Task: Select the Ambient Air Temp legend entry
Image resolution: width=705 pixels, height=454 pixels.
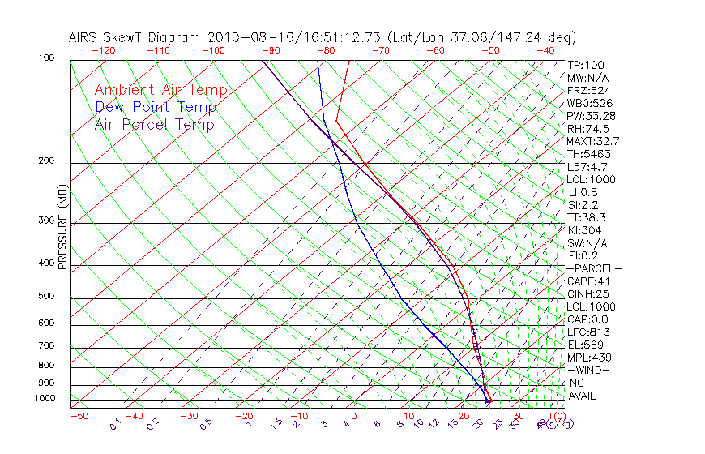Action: (160, 90)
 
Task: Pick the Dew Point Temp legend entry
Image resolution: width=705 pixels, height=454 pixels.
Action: (156, 107)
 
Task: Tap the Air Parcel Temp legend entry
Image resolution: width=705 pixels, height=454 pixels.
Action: (154, 124)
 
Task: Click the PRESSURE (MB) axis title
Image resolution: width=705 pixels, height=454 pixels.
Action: (62, 228)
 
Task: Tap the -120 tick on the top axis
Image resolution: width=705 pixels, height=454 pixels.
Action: (103, 50)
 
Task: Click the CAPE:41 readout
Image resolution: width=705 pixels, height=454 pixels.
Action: (588, 281)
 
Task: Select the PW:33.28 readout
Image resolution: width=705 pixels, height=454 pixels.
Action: (591, 116)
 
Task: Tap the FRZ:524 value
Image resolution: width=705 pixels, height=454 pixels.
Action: (587, 90)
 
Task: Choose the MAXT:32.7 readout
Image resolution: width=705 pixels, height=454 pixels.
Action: (592, 141)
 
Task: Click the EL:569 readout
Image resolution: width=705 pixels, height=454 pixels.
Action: (585, 345)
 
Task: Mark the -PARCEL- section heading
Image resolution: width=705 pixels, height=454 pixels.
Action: (594, 268)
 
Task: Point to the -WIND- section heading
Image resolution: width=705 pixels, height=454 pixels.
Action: (589, 370)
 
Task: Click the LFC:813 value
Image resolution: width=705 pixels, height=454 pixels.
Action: (587, 332)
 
